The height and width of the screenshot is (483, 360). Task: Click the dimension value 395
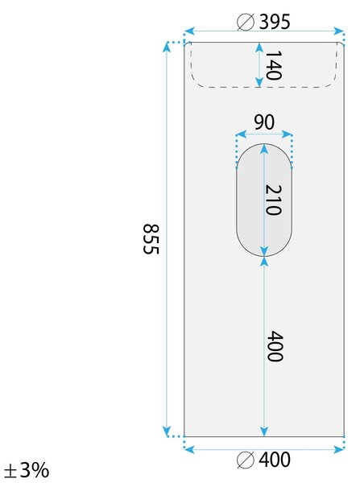click(275, 22)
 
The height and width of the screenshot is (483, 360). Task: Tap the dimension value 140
click(273, 65)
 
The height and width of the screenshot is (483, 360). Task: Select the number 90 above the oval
click(264, 122)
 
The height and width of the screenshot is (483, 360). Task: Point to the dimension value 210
click(273, 200)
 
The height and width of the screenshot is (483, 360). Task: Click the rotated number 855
click(151, 239)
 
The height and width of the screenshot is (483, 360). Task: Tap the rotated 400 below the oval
click(275, 346)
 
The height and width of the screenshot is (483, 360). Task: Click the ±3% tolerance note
click(27, 470)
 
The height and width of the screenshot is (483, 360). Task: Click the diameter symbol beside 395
click(246, 23)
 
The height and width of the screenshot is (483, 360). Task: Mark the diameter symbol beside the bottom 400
click(246, 460)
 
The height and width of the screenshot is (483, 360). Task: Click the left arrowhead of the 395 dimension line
click(189, 31)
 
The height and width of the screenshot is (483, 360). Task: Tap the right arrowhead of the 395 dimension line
click(338, 31)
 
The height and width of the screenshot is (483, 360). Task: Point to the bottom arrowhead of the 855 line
click(167, 431)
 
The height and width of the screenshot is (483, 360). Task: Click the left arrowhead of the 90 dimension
click(241, 134)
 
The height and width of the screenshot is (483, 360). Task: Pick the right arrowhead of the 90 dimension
click(287, 134)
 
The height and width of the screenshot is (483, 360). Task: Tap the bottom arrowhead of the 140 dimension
click(259, 82)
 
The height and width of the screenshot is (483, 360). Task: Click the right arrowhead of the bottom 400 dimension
click(338, 449)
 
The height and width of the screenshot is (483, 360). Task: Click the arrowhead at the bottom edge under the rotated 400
click(264, 431)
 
